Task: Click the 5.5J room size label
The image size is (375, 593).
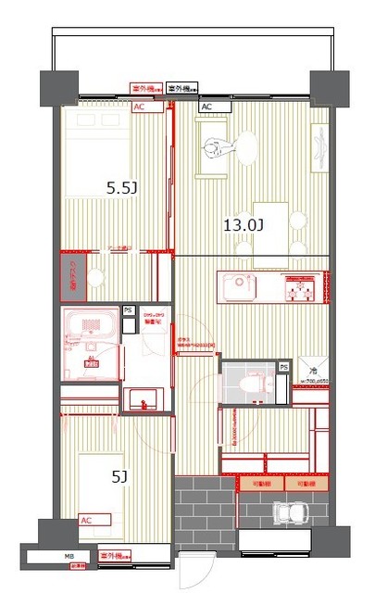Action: pyautogui.click(x=122, y=188)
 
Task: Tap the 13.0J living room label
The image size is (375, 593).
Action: pyautogui.click(x=244, y=223)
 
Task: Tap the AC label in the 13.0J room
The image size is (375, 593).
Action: pyautogui.click(x=207, y=107)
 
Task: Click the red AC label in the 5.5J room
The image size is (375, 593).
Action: pyautogui.click(x=140, y=107)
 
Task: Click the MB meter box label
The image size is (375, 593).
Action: pyautogui.click(x=69, y=557)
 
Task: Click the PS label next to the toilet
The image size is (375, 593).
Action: pyautogui.click(x=283, y=368)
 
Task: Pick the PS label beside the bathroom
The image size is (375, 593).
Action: pyautogui.click(x=129, y=310)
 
